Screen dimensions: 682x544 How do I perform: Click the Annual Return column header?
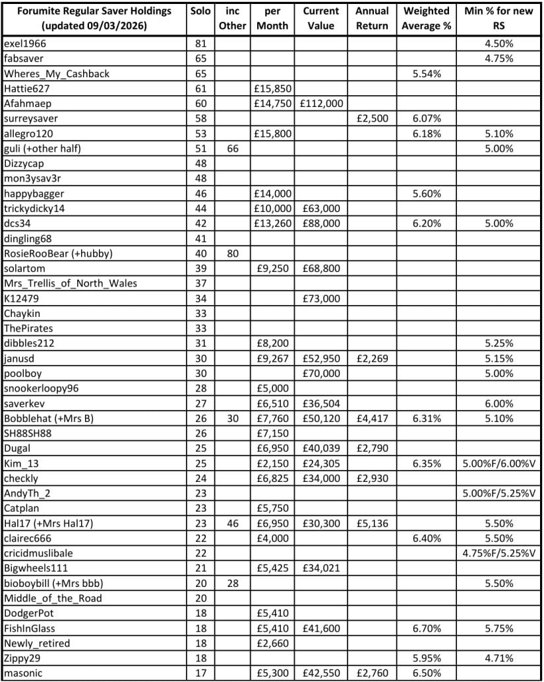(371, 18)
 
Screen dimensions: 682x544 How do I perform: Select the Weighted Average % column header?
(426, 18)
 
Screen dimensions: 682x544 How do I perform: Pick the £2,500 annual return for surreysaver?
(371, 119)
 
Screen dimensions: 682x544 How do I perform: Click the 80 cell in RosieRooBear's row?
(231, 254)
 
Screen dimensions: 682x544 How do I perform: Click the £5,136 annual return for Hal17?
(371, 524)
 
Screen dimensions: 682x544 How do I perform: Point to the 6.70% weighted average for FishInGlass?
(426, 629)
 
